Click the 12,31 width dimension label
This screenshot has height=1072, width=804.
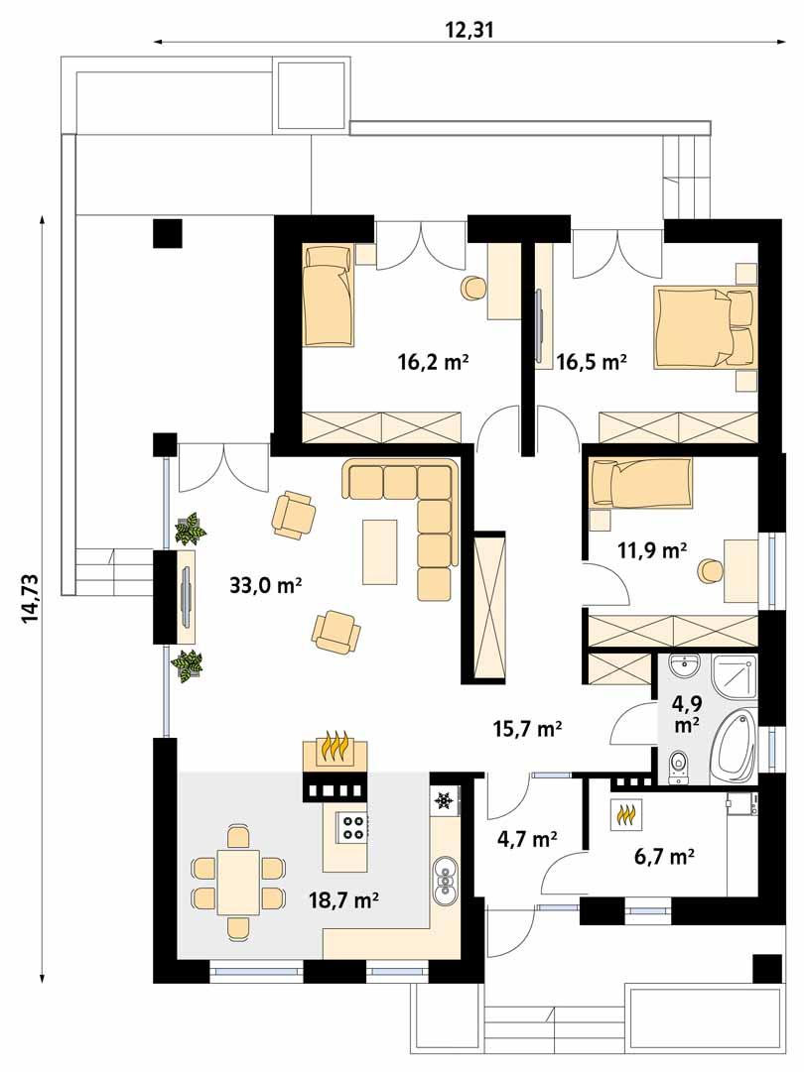(470, 30)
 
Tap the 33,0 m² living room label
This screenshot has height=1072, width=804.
(265, 586)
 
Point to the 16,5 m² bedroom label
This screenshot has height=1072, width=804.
(592, 362)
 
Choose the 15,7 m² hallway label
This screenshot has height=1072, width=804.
(528, 729)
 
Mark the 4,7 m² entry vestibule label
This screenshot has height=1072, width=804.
(526, 840)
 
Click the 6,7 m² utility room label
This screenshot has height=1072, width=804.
(662, 855)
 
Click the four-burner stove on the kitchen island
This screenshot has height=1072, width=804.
(351, 826)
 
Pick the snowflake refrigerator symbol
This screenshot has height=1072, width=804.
(445, 799)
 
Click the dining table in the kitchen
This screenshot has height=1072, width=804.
(238, 882)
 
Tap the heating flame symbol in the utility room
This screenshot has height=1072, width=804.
(627, 815)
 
